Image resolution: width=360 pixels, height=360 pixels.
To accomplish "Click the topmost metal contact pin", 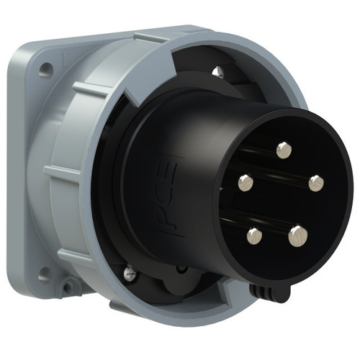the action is coord(284,150).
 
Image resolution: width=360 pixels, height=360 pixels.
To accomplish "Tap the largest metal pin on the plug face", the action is coord(298,236).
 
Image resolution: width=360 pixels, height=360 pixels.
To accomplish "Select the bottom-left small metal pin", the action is coord(254,236).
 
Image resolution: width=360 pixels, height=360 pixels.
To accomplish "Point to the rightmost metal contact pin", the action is coord(316,184).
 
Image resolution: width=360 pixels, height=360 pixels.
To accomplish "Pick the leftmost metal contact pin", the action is coord(246,183).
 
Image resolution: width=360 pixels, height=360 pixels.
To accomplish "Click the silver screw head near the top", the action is coord(218,71).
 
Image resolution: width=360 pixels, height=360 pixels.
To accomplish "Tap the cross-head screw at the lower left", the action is coord(130,272).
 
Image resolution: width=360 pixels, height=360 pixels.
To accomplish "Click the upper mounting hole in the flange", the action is coord(45,68).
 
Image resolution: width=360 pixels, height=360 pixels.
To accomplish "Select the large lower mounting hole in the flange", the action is coord(45,274).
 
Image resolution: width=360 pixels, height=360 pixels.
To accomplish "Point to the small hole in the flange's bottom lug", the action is coord(68,286).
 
